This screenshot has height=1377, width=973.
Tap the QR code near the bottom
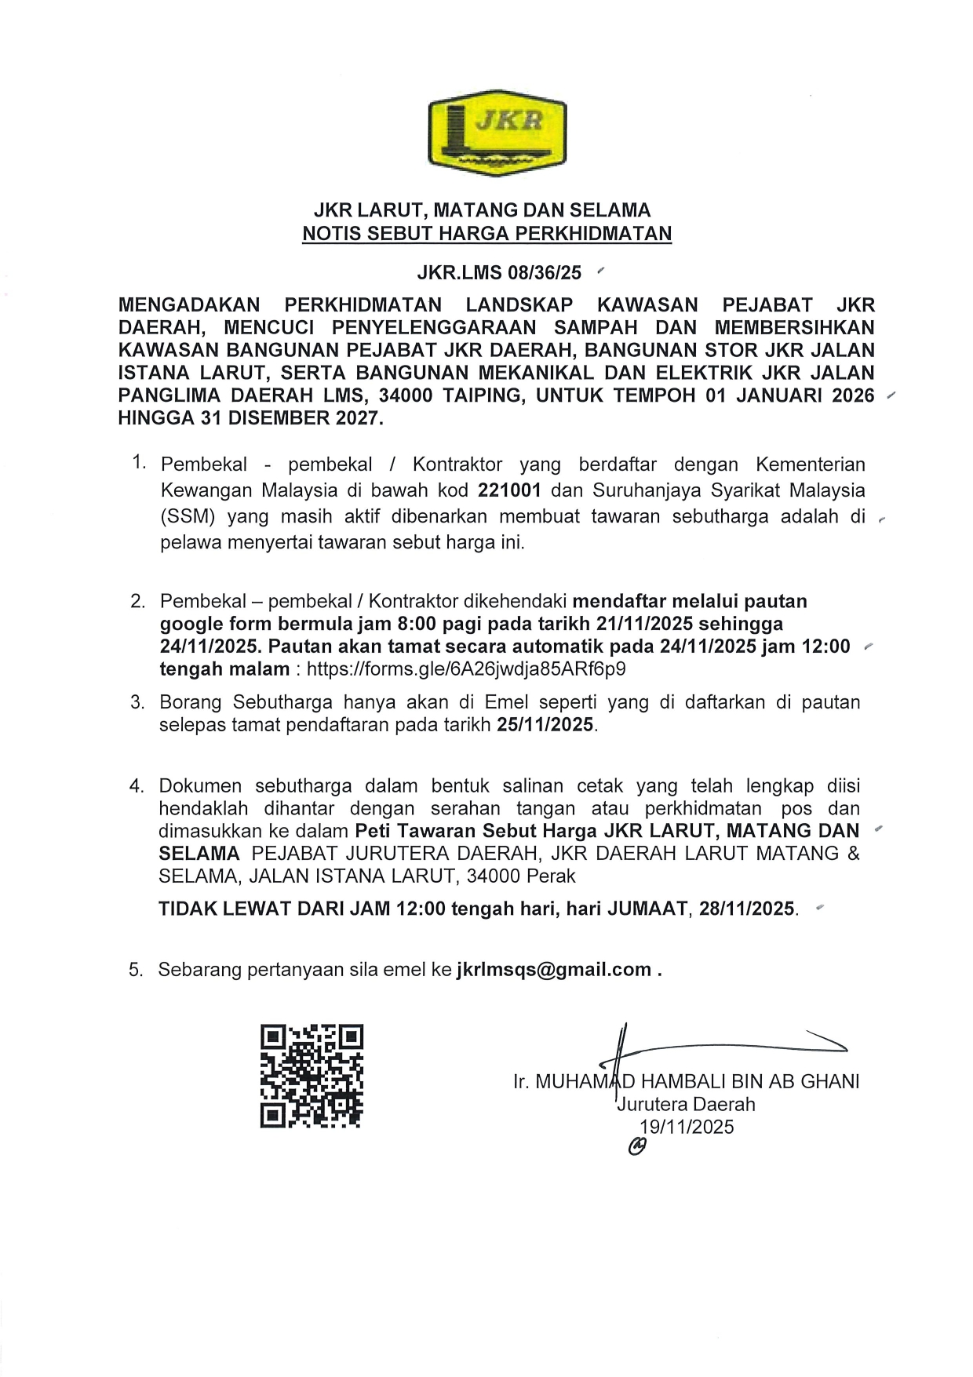pyautogui.click(x=312, y=1076)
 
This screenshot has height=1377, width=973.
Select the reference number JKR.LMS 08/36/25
pyautogui.click(x=499, y=272)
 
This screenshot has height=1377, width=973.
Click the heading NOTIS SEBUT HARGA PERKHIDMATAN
pyautogui.click(x=486, y=233)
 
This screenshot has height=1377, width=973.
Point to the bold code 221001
pyautogui.click(x=509, y=490)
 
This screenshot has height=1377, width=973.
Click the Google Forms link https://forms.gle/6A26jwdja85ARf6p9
pyautogui.click(x=466, y=669)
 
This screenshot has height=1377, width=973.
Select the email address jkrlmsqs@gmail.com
pyautogui.click(x=554, y=969)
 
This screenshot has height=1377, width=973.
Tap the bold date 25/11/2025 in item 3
pyautogui.click(x=545, y=724)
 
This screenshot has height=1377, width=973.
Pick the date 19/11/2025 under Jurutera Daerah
pyautogui.click(x=687, y=1127)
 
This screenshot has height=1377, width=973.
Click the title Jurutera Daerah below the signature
pyautogui.click(x=687, y=1104)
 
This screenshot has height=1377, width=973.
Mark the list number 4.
pyautogui.click(x=137, y=786)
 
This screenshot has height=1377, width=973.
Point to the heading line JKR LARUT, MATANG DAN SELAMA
pyautogui.click(x=482, y=209)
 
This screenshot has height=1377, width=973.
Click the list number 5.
pyautogui.click(x=137, y=970)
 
